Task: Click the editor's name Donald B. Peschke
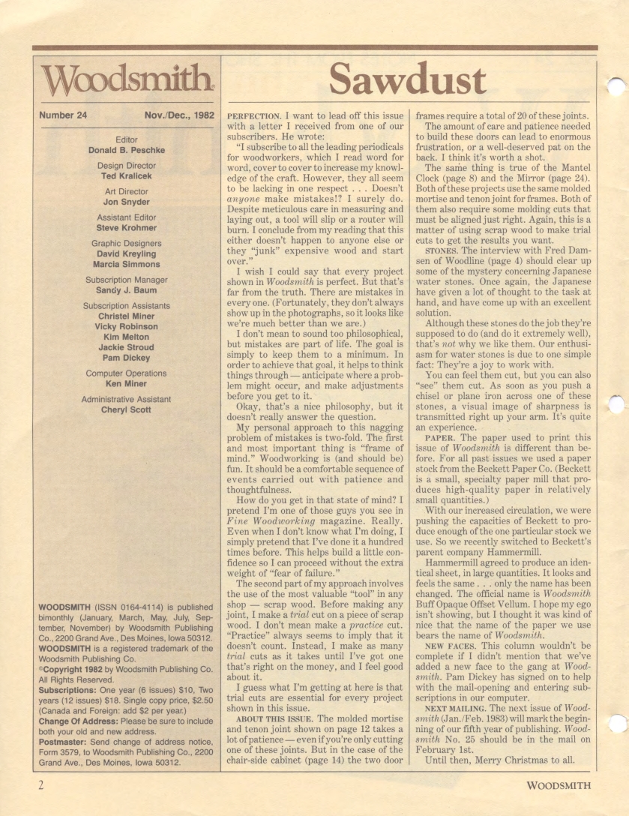[x=126, y=150]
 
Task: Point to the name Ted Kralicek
[x=126, y=176]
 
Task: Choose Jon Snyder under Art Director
[x=126, y=202]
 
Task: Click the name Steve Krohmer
[x=126, y=228]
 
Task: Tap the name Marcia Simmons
[x=126, y=265]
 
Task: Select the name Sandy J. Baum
[x=126, y=290]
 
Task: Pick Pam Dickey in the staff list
[x=126, y=358]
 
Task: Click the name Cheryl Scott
[x=126, y=409]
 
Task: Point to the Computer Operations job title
[x=126, y=373]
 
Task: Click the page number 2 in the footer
[x=35, y=785]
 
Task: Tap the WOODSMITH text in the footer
[x=559, y=785]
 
